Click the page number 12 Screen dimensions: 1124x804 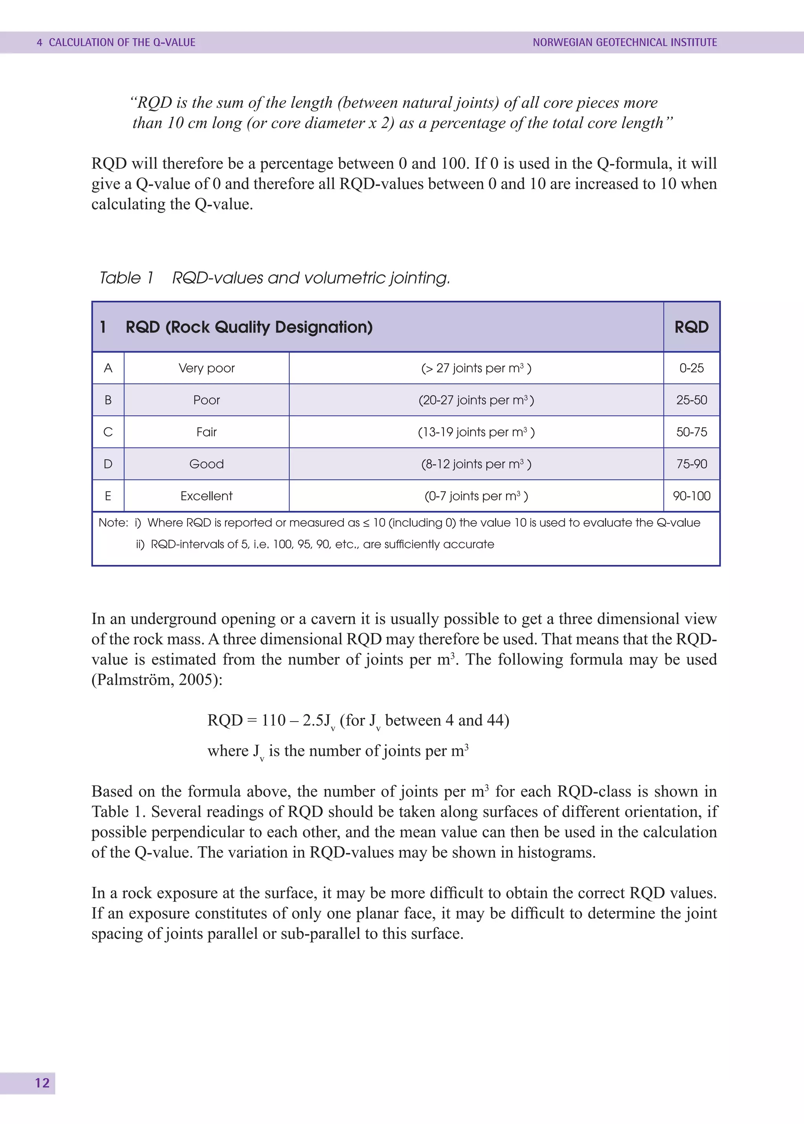(42, 1083)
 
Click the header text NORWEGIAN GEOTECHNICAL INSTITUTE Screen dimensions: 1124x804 (624, 42)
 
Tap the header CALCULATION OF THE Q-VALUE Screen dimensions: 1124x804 (122, 42)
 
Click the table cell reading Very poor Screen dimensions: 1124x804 (206, 368)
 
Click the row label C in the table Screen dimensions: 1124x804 (108, 432)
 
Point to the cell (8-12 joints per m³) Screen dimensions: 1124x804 (476, 464)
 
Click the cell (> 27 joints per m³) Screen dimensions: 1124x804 (476, 368)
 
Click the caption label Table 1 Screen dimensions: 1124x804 (127, 278)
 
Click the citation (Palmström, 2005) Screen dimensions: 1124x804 (157, 679)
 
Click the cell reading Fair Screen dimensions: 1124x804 (206, 432)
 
